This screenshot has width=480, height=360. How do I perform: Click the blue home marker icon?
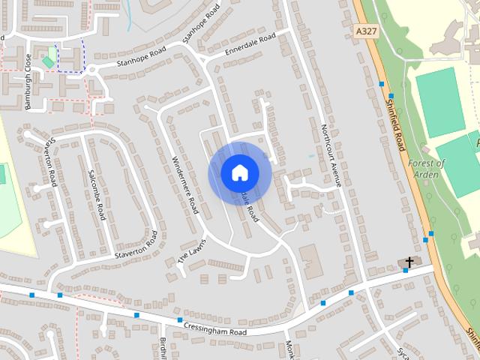(239, 172)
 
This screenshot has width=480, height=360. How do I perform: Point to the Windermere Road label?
(184, 183)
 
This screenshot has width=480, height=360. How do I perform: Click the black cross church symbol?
(409, 262)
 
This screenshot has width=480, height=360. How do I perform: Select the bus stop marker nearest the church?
(406, 271)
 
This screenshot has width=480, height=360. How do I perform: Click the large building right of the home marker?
(310, 258)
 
